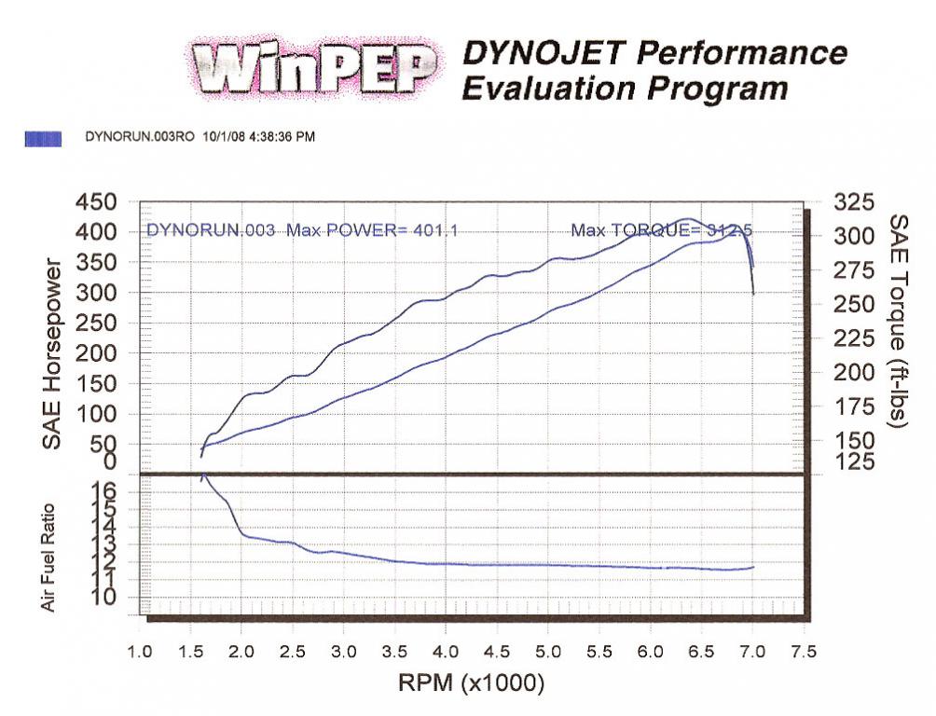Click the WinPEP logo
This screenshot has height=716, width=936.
point(313,68)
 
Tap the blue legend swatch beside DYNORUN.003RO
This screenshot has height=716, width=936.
point(43,137)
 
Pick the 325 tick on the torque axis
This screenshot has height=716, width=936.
point(855,202)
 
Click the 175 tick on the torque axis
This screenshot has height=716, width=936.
point(855,406)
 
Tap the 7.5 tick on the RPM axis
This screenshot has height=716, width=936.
point(803,650)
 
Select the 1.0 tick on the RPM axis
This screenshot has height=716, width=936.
point(140,650)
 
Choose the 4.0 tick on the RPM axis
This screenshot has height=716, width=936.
point(446,650)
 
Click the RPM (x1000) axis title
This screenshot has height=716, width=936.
point(471,682)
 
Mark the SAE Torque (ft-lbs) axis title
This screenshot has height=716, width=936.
point(898,322)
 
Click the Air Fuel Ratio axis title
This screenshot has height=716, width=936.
point(48,558)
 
